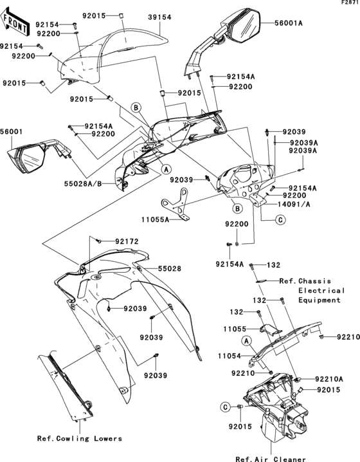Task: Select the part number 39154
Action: pos(159,17)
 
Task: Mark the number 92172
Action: pos(127,241)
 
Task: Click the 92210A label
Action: pos(329,380)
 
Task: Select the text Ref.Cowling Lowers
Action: pos(80,439)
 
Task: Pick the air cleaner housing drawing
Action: pos(276,412)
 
